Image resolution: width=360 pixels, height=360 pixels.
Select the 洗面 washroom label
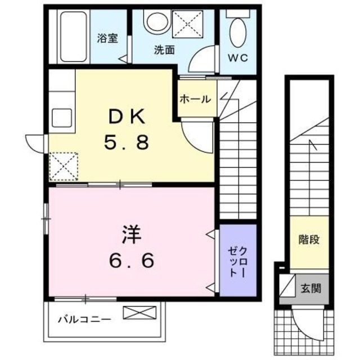coord(164,49)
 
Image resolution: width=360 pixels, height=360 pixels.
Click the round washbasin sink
coord(155,22)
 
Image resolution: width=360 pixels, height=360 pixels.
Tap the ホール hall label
coord(195,99)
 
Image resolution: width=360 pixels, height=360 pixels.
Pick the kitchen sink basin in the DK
coord(62,118)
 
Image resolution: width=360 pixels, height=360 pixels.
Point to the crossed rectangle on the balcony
coord(137,312)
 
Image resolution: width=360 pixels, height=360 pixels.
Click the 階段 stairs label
coord(309,240)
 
